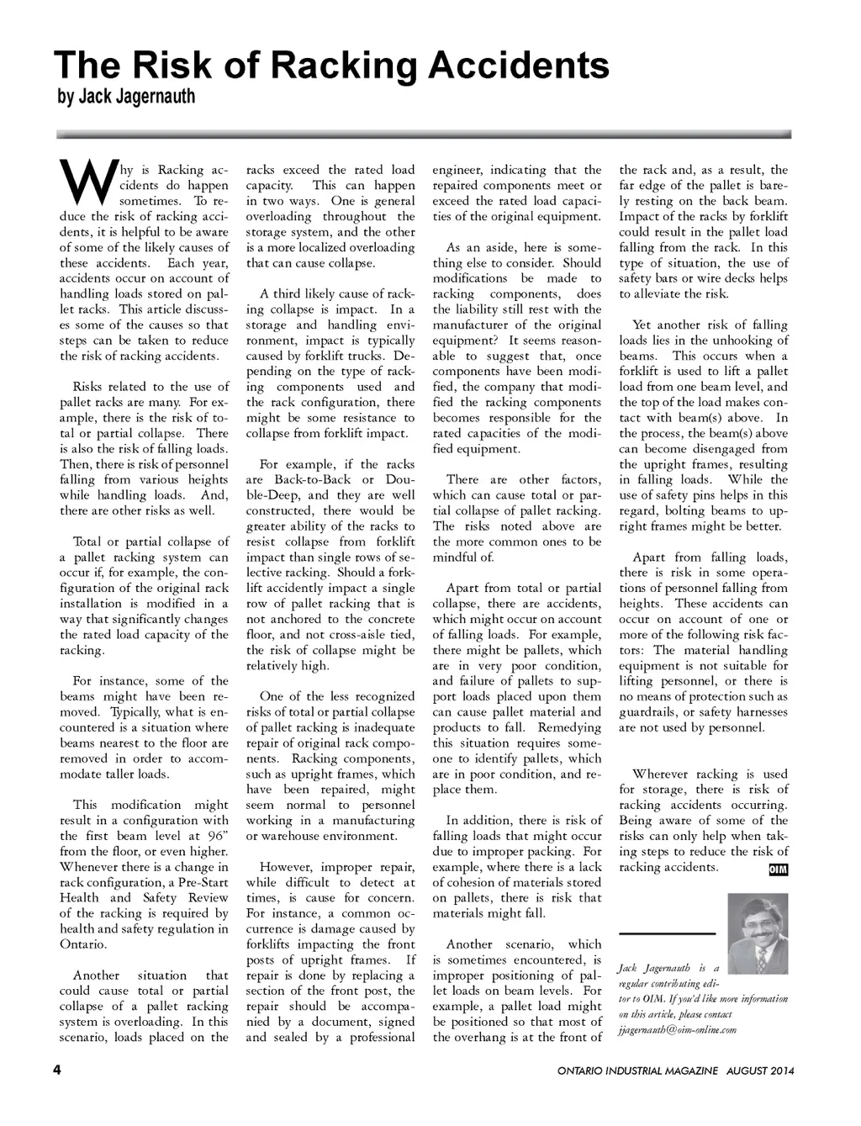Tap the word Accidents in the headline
pos(519,65)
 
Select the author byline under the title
pos(126,97)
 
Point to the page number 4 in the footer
pos(58,1070)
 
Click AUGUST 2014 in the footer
pos(761,1071)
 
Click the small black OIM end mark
pos(779,869)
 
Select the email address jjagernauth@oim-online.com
pos(677,1029)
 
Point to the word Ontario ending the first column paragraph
pos(83,944)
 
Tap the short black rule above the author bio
pos(666,933)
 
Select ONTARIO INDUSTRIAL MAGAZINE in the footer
pos(637,1071)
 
